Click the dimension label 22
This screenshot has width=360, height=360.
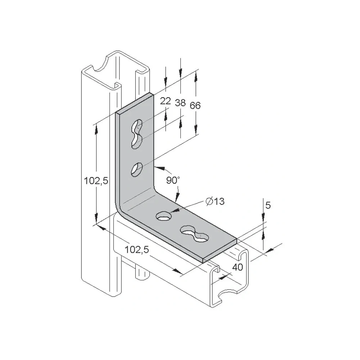point(166,101)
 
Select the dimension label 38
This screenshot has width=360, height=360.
point(180,103)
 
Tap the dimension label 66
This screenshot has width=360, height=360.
point(195,105)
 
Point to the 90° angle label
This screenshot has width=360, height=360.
point(173,180)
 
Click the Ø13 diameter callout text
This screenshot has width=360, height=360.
point(215,201)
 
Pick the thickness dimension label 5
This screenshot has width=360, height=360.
point(268,205)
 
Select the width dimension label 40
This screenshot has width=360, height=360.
point(238,267)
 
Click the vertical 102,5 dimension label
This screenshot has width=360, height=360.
point(96,181)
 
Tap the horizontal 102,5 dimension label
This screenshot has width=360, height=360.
point(137,249)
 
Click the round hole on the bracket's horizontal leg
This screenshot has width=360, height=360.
point(164,216)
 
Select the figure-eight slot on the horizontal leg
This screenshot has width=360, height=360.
point(194,234)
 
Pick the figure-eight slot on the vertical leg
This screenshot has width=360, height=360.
point(137,134)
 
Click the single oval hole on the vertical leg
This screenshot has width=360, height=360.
point(137,170)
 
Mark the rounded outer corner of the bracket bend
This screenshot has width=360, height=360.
point(120,210)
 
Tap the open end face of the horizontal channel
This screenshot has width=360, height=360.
point(230,278)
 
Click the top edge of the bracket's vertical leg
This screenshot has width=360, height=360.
point(134,103)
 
